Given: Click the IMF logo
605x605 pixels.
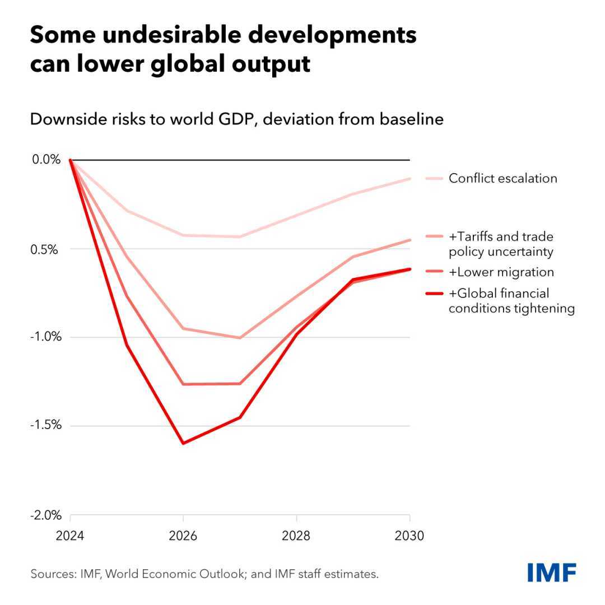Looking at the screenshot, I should point(552,573).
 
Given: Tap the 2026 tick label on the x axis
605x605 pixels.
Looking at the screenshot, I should point(183,536).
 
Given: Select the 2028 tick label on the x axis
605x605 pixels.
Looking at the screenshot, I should point(296,536).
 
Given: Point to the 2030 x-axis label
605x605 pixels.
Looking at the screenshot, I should point(409,536).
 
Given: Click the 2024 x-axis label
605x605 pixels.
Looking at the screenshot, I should point(70,536).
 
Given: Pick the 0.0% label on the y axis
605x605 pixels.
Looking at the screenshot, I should point(46,160).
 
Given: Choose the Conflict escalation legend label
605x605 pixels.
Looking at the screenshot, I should point(502,179).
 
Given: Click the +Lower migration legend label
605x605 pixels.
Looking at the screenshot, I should point(501,272).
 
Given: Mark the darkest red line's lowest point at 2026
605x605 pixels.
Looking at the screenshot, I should point(183,443).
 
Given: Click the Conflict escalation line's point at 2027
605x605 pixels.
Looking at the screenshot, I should point(239,237).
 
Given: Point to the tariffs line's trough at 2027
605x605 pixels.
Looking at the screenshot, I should point(239,338).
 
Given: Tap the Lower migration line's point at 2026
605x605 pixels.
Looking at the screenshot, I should point(183,384).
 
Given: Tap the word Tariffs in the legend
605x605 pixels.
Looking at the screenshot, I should point(476,237).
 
